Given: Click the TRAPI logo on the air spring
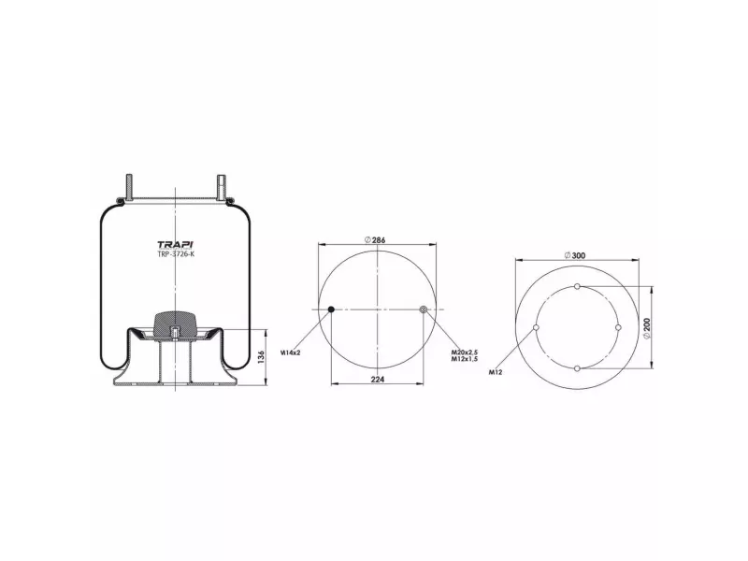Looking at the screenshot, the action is (175, 245).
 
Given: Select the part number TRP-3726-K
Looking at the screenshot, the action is (176, 254).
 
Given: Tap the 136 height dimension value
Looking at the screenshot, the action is (261, 357).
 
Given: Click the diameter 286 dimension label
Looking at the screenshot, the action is (375, 240).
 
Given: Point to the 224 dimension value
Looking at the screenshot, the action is (378, 380).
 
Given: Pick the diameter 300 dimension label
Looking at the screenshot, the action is (575, 255).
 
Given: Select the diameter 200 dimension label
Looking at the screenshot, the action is (647, 329).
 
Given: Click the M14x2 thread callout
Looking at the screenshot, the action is (290, 352).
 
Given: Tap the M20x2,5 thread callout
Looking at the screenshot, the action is (465, 352).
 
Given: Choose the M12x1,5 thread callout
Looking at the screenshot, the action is (465, 359).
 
